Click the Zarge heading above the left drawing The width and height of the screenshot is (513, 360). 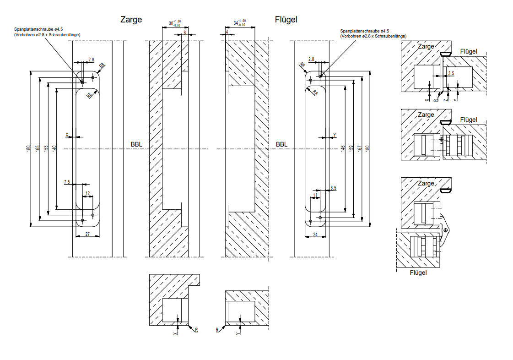tap(131, 20)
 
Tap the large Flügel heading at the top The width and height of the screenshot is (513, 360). tap(286, 20)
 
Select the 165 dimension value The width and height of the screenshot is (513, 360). tap(37, 149)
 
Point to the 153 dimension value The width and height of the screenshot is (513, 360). tap(46, 149)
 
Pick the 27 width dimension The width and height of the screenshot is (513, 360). tap(87, 235)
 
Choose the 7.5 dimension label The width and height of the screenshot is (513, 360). tap(67, 182)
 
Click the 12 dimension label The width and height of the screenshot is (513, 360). tap(87, 193)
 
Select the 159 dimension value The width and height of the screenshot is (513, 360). tap(351, 149)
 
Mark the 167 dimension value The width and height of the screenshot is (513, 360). tap(360, 149)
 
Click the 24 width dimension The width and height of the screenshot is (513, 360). tap(315, 235)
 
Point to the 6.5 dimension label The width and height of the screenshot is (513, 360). tap(333, 188)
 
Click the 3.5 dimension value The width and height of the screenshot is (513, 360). tap(452, 73)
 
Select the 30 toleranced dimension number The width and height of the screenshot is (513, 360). tap(171, 23)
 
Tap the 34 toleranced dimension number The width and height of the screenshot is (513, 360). tap(236, 23)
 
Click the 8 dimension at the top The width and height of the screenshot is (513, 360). tap(185, 33)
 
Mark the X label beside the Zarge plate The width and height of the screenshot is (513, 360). tap(67, 135)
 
